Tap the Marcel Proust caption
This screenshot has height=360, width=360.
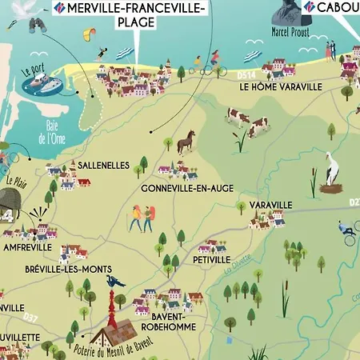(290, 33)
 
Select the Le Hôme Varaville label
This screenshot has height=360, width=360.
(280, 86)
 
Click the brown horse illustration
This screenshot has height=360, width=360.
(186, 142)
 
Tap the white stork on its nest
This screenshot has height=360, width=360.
(332, 175)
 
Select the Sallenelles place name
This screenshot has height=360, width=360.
(103, 165)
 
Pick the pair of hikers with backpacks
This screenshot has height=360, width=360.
(142, 217)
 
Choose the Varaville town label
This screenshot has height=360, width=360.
(271, 206)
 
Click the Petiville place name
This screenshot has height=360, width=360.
(211, 260)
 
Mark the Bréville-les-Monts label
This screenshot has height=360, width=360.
(69, 270)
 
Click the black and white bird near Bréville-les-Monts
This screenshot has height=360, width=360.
(116, 281)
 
